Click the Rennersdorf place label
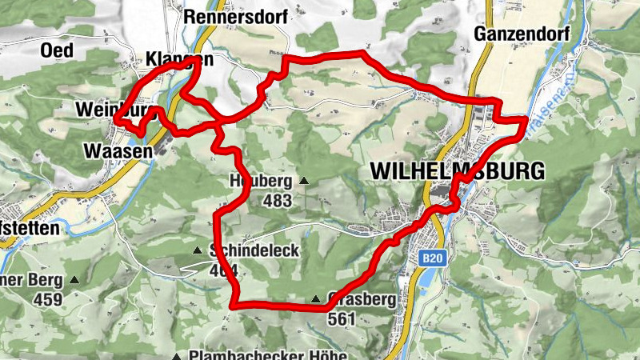(x=225, y=15)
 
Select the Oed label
(x=57, y=50)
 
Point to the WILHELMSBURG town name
(x=457, y=170)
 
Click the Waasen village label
(x=118, y=150)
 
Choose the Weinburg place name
(x=112, y=109)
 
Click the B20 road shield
(x=432, y=258)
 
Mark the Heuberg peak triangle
(x=303, y=180)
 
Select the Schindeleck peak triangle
(x=198, y=250)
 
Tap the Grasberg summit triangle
(x=316, y=300)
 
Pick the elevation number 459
(x=48, y=300)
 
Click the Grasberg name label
(x=361, y=301)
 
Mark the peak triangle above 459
(x=74, y=280)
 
